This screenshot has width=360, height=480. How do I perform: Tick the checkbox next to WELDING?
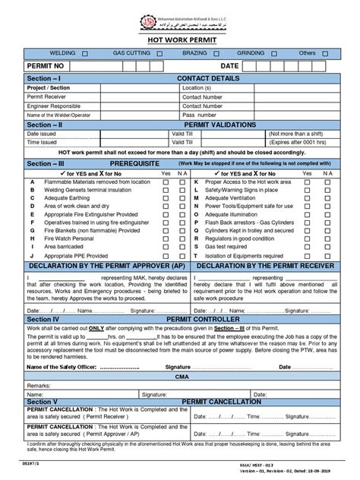click(84, 54)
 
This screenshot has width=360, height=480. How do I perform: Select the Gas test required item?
click(230, 247)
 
